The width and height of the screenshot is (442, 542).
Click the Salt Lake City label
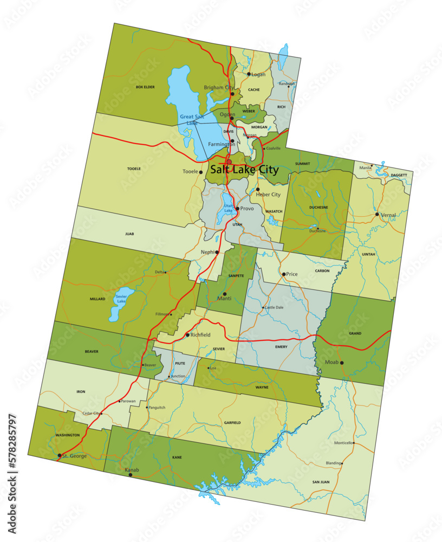244,170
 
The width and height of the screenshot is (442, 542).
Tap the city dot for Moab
342,363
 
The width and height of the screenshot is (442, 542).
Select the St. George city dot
60,456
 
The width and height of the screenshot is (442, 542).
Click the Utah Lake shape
228,209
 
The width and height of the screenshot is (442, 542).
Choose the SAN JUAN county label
321,482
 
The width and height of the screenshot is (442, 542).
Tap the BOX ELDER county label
145,87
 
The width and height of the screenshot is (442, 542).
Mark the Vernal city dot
378,214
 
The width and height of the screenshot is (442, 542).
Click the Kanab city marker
130,475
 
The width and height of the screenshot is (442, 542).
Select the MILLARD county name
97,299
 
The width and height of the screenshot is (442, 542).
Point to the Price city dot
283,274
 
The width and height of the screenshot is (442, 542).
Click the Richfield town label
201,335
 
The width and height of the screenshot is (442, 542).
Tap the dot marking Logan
249,74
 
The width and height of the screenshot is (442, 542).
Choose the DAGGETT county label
398,176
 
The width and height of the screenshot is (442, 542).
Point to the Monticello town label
343,443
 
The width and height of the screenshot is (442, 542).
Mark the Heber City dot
258,190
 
